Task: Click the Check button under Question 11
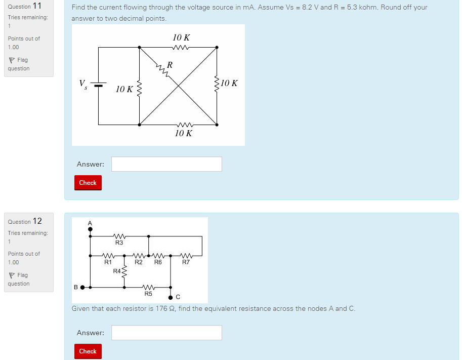pyautogui.click(x=88, y=183)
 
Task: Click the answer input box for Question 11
pyautogui.click(x=166, y=164)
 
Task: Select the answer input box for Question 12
pyautogui.click(x=166, y=333)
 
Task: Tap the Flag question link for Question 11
pyautogui.click(x=19, y=64)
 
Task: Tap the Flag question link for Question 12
pyautogui.click(x=19, y=279)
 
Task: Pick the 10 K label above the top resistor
pyautogui.click(x=181, y=37)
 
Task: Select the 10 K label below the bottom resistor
pyautogui.click(x=183, y=133)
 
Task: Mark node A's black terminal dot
pyautogui.click(x=91, y=229)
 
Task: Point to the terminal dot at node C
pyautogui.click(x=171, y=297)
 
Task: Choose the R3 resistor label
pyautogui.click(x=119, y=243)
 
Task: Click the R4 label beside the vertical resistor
pyautogui.click(x=117, y=271)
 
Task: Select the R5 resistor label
pyautogui.click(x=148, y=294)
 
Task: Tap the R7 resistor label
pyautogui.click(x=186, y=262)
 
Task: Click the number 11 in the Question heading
pyautogui.click(x=37, y=6)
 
